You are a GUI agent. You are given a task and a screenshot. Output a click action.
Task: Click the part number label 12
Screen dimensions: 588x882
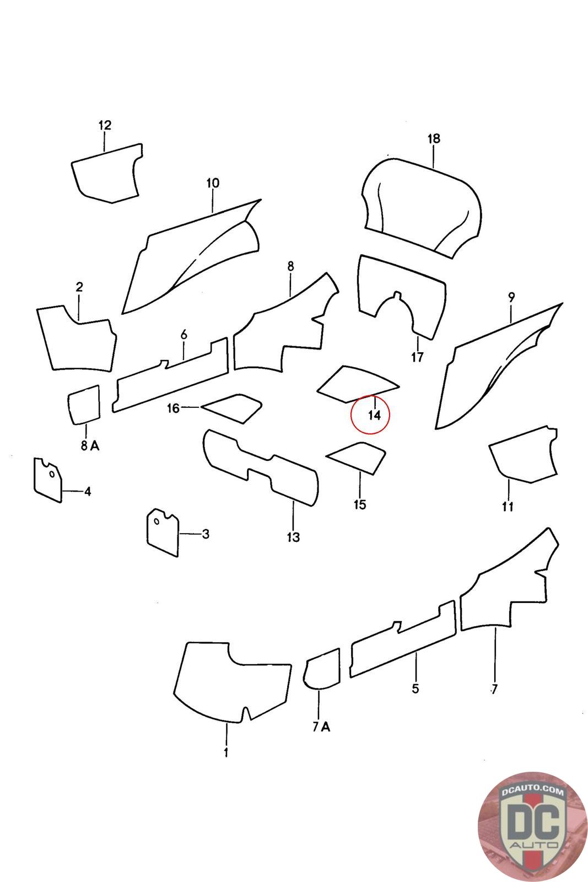point(105,125)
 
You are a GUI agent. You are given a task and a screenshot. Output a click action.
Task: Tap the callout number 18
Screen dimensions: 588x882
point(433,138)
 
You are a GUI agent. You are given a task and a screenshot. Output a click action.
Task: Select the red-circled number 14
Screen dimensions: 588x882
point(374,415)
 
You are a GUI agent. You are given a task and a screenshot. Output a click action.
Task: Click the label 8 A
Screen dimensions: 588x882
point(90,445)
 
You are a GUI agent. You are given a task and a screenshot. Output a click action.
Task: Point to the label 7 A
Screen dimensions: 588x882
point(321,727)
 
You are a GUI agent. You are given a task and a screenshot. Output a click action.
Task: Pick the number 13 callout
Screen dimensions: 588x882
point(293,537)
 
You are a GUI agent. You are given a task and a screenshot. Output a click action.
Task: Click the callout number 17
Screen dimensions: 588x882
point(417,357)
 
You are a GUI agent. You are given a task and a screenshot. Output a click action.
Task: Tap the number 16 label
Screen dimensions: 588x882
point(173,408)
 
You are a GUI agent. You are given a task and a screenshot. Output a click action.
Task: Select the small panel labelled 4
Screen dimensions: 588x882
point(47,480)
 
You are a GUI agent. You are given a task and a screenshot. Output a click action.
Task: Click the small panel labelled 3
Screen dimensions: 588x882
point(163,532)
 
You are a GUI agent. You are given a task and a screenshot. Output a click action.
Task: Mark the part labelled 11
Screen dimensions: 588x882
point(524,454)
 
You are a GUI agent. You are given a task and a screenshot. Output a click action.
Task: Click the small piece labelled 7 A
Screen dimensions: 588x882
point(321,668)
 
